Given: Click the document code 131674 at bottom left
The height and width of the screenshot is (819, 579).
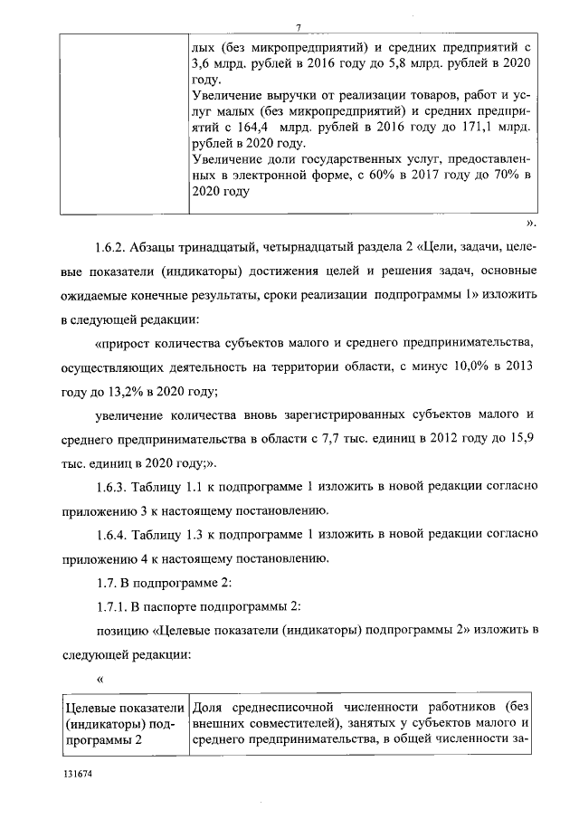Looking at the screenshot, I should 79,776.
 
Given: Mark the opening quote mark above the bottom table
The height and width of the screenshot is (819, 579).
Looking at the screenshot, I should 100,677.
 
